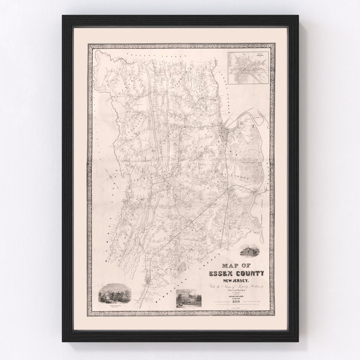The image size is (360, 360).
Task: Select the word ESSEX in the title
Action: [x=222, y=274]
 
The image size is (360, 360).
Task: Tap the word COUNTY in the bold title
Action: [x=250, y=274]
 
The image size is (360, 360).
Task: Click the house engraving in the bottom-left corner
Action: [x=115, y=293]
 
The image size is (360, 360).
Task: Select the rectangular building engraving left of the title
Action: [x=189, y=298]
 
